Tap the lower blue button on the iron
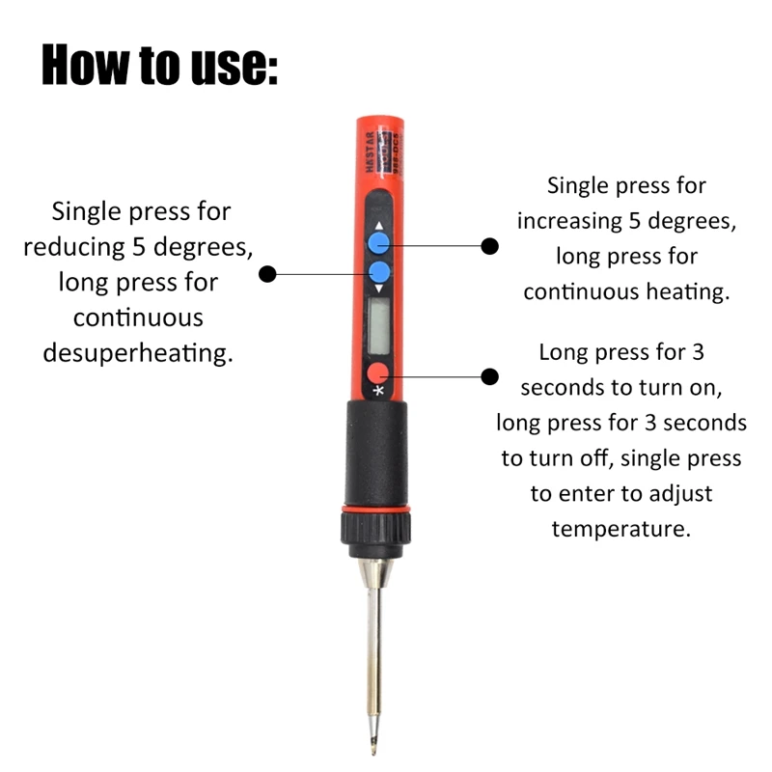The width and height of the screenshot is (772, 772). click(379, 272)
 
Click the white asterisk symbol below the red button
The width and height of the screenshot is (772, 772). click(378, 391)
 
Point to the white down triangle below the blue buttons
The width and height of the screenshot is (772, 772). click(379, 289)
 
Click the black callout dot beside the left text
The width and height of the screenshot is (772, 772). click(269, 274)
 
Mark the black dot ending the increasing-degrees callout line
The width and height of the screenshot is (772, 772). click(490, 246)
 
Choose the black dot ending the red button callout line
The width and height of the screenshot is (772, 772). click(490, 376)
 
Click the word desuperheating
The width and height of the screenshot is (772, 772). click(139, 353)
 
